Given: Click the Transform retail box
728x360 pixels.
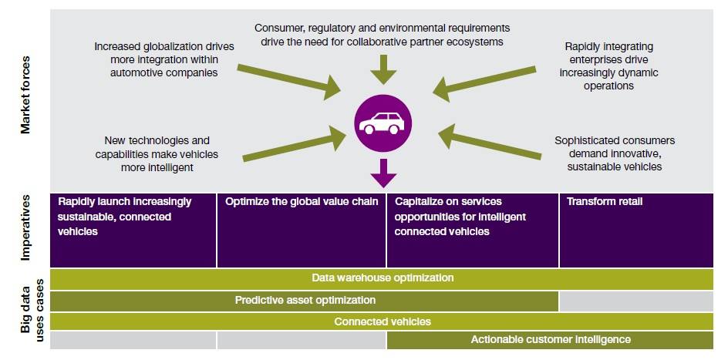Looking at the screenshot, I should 637,229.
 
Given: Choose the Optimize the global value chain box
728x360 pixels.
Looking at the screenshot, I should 302,229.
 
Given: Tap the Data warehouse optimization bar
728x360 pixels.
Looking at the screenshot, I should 383,278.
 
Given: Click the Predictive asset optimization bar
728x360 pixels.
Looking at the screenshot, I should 305,300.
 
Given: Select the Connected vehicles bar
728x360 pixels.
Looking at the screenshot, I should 383,321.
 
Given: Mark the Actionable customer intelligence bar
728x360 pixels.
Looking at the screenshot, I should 551,340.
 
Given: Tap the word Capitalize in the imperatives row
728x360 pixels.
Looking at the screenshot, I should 420,202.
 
